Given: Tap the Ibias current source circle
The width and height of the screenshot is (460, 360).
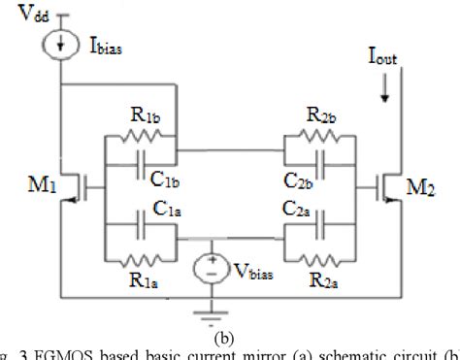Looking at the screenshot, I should [x=60, y=47].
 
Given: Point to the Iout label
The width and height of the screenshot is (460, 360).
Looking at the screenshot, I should [x=381, y=58].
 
